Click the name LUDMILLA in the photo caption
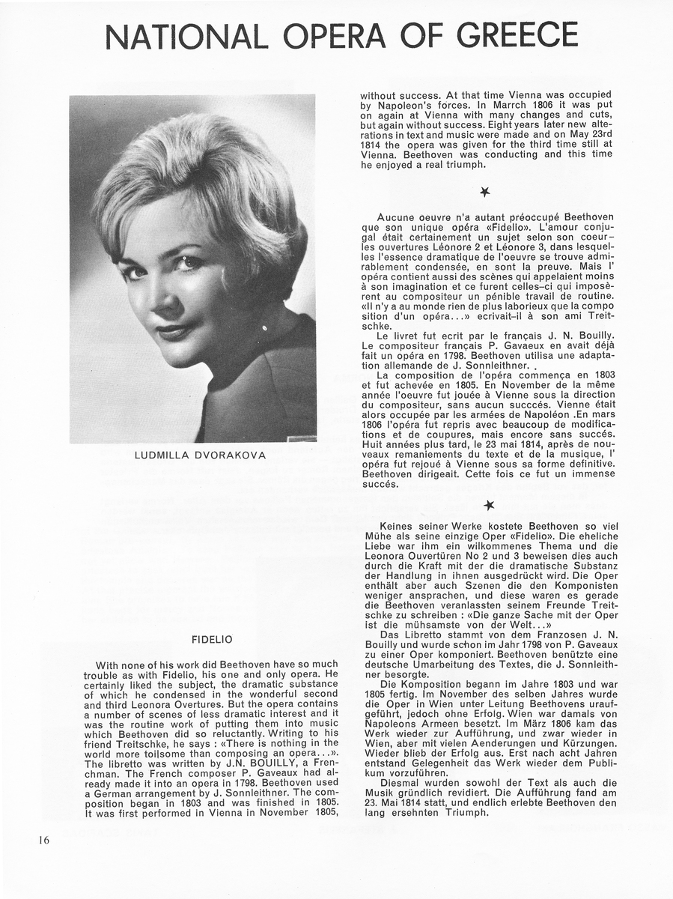point(163,455)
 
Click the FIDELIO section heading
point(212,639)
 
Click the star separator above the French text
point(485,193)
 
